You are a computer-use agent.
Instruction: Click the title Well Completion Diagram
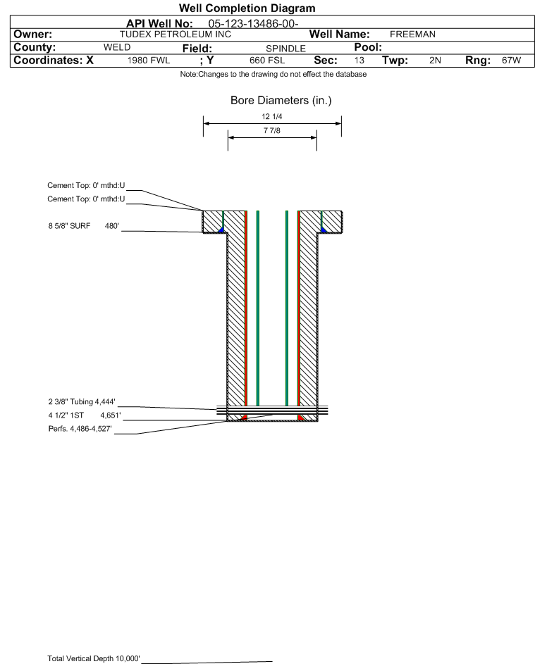247,8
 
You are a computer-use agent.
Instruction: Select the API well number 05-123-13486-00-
253,24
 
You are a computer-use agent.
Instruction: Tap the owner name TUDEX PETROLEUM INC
175,35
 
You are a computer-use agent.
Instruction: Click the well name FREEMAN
412,35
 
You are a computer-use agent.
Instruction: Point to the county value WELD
117,47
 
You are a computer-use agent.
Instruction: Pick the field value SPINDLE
285,49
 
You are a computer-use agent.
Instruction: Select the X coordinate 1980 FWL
148,61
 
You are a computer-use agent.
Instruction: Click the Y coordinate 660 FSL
267,61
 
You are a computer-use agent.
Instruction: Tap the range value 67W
511,61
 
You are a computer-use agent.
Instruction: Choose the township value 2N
435,61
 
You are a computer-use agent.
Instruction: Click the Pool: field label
368,47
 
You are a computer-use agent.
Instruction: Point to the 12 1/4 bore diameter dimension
272,116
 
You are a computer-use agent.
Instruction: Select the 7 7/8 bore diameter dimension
272,131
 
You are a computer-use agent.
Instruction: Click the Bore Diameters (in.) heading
281,101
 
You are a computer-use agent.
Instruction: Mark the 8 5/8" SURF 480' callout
83,226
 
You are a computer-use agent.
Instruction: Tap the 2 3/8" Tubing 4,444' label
82,402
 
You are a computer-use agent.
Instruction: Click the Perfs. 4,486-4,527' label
80,429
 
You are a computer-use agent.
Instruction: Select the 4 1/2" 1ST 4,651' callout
85,415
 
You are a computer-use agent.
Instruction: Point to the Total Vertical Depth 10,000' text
94,658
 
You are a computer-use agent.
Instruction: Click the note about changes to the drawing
273,75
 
